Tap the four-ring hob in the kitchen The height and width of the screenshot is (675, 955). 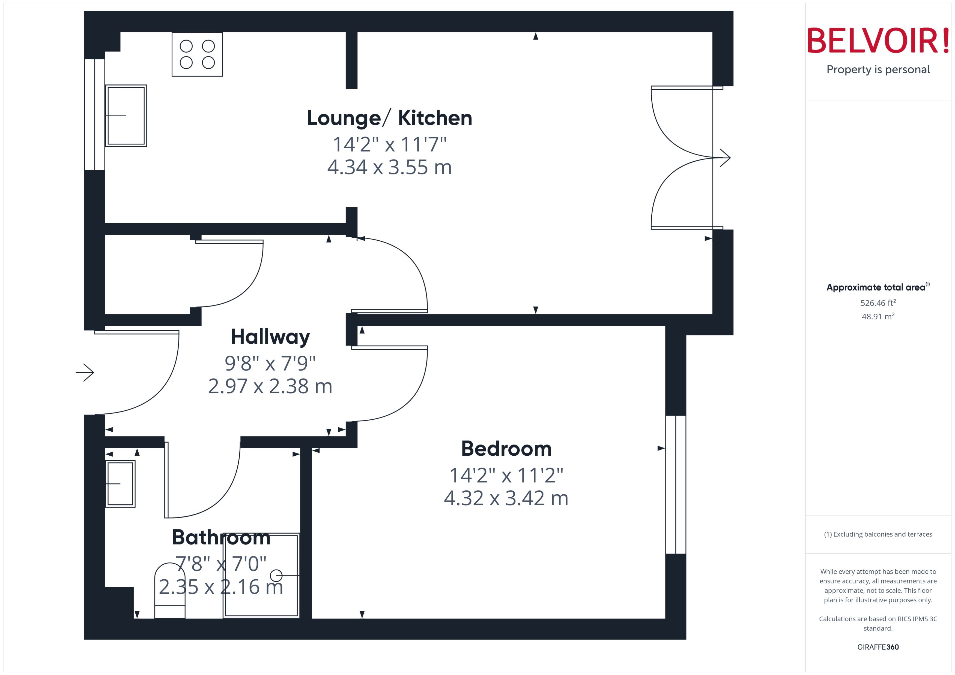point(197,55)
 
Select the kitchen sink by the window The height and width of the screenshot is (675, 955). point(126,116)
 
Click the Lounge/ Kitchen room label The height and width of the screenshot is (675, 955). point(389,118)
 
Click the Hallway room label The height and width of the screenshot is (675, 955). point(270,337)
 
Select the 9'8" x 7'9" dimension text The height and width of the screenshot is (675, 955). point(270,363)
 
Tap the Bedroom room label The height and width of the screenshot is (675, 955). point(506,449)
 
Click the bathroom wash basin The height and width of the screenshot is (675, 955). point(120,484)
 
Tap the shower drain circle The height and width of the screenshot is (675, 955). point(276,576)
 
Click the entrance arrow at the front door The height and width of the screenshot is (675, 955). point(85,373)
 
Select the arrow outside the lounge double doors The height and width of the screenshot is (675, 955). point(725,158)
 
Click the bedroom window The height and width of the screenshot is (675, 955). point(675,485)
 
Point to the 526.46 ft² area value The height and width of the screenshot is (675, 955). point(878,303)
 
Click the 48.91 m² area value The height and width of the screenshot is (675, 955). point(878,316)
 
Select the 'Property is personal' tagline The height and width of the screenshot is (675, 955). point(878,69)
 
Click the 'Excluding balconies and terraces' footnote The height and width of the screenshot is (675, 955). point(878,534)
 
